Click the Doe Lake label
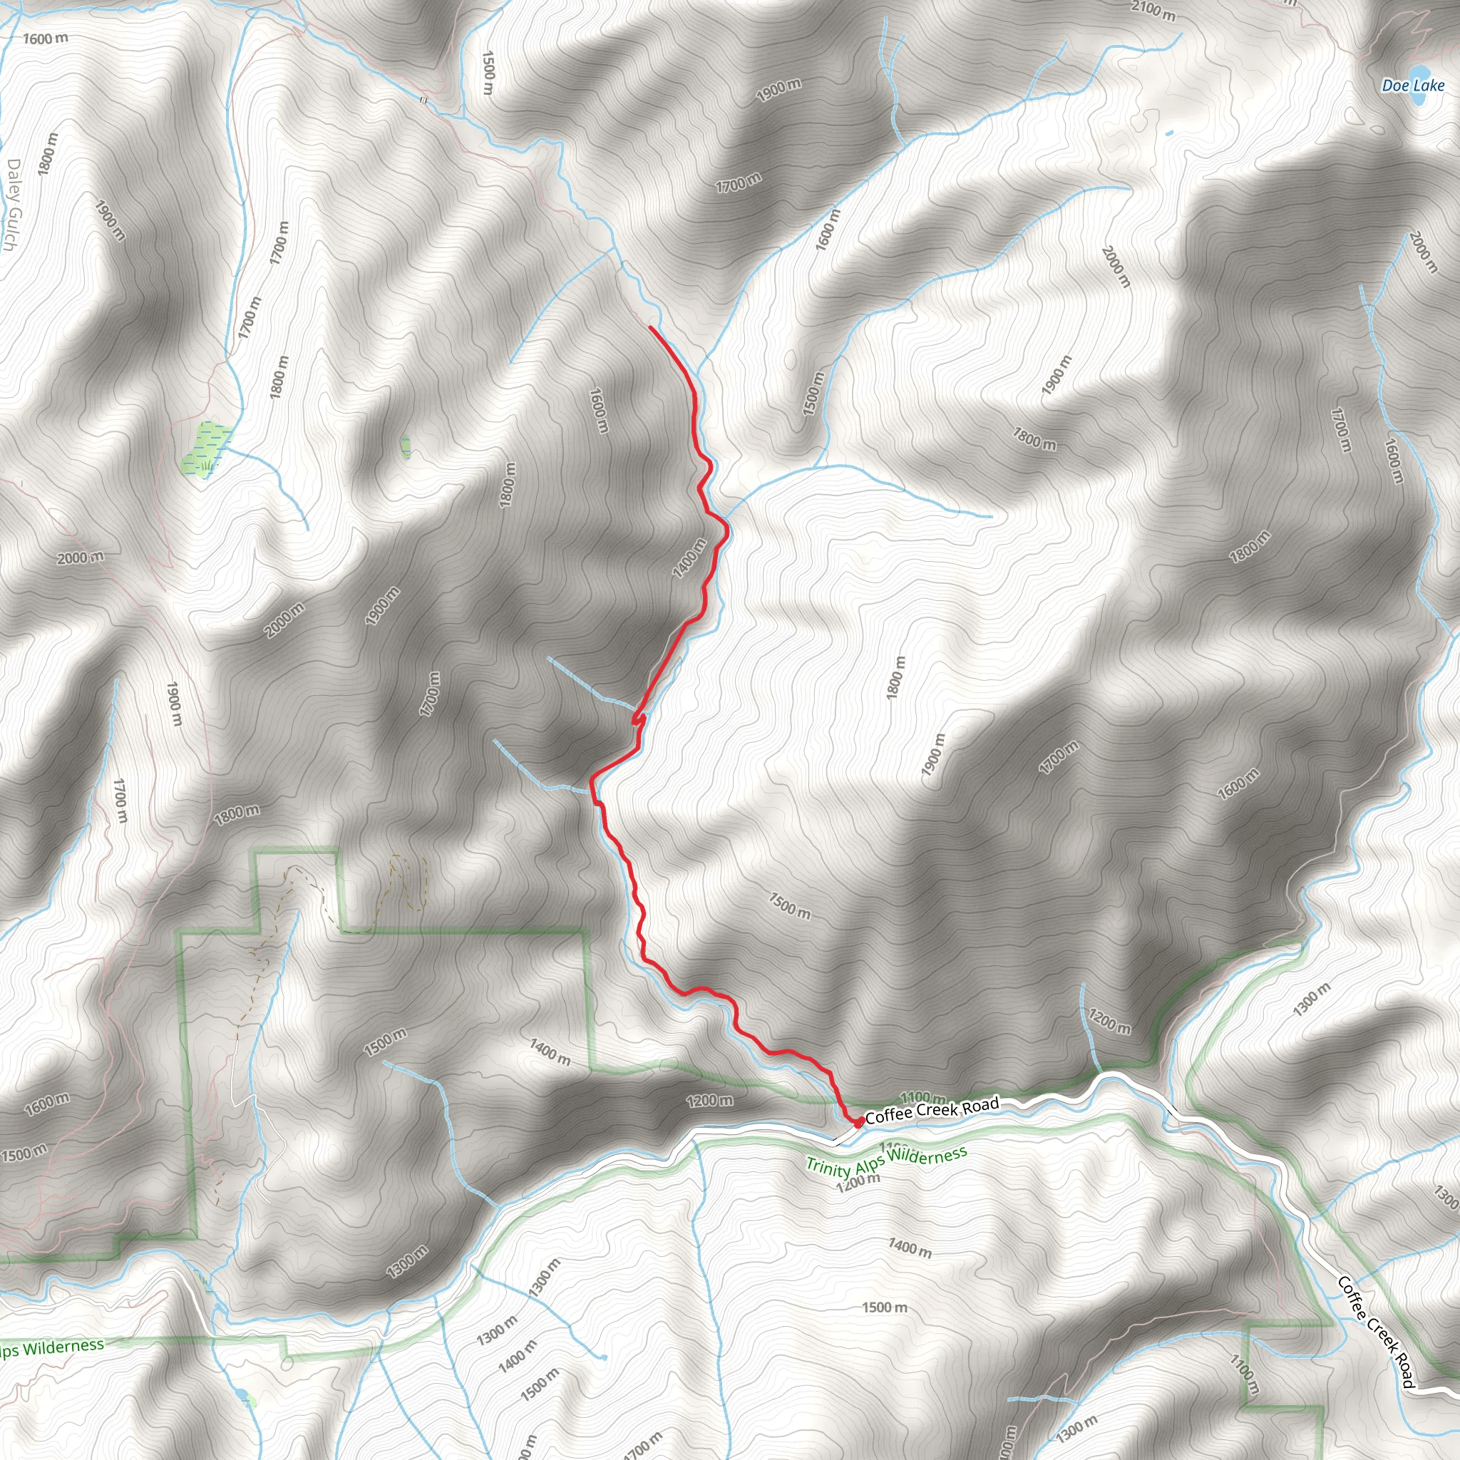(x=1412, y=86)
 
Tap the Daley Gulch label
(x=12, y=205)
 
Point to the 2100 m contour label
(x=1153, y=10)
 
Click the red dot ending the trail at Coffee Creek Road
(x=859, y=1121)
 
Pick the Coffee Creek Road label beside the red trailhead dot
(x=932, y=1110)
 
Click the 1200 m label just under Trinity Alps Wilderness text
(x=858, y=1182)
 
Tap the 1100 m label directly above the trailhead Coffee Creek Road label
(x=922, y=1096)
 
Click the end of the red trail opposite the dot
(x=651, y=327)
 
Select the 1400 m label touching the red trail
(x=689, y=557)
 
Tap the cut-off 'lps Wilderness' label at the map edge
(x=51, y=1347)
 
